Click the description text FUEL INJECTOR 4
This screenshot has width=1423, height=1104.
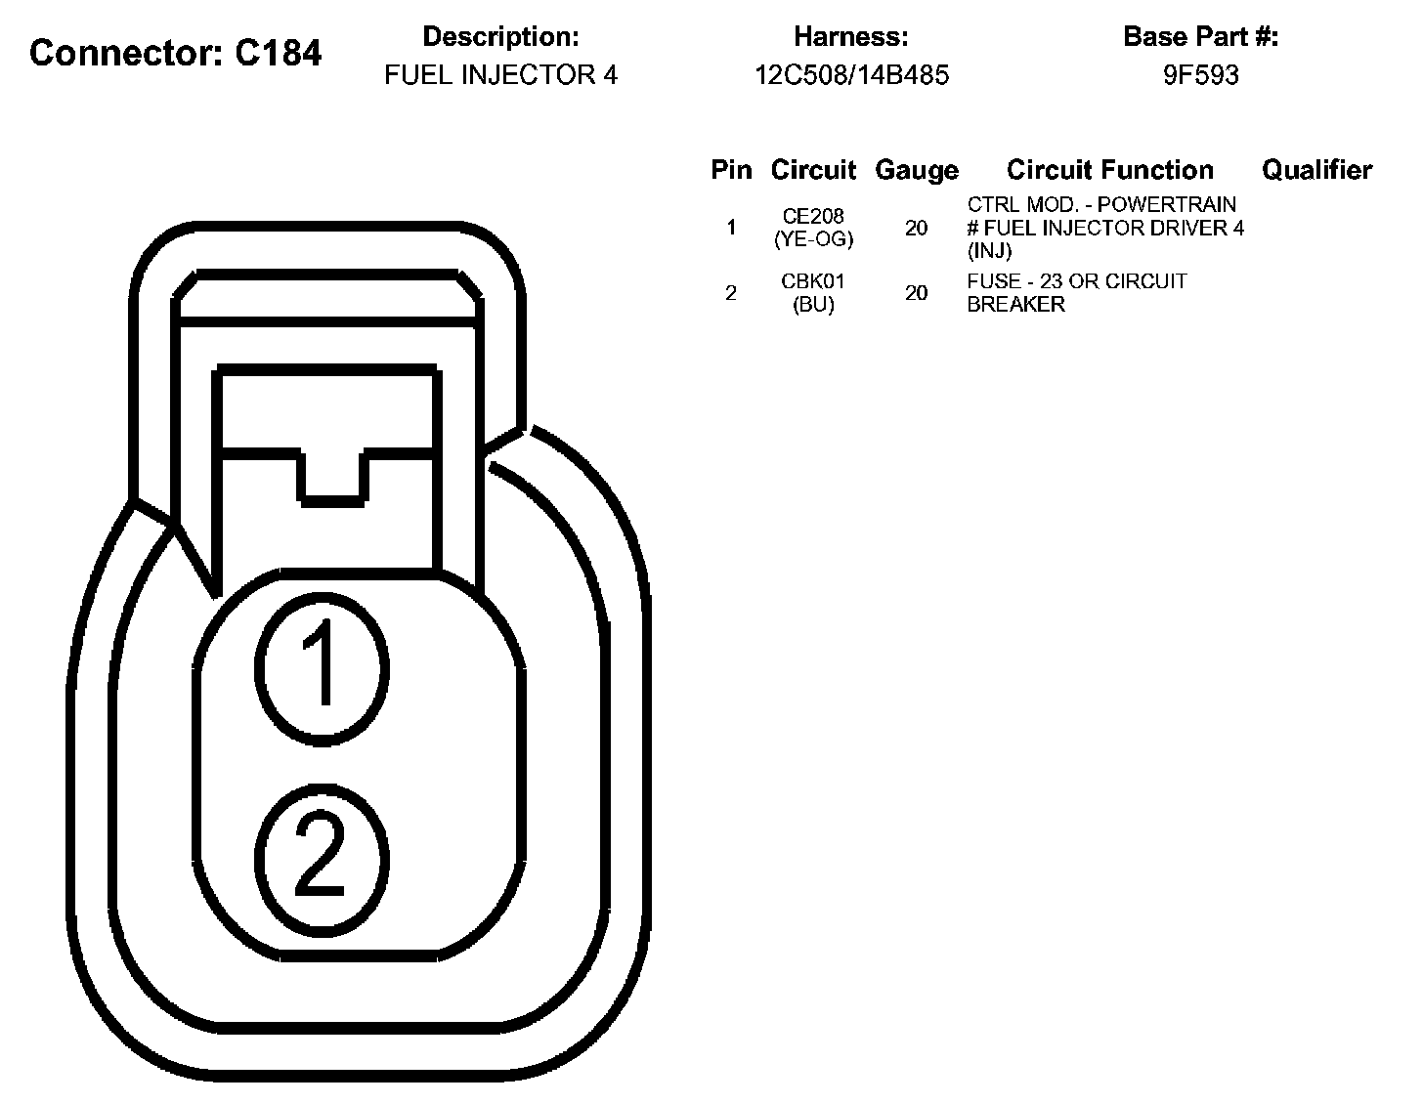click(501, 74)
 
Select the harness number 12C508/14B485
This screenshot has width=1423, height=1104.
click(851, 74)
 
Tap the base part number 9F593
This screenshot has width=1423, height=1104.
click(1200, 74)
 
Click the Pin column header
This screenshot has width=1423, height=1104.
click(731, 169)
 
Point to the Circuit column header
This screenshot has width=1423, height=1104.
click(813, 169)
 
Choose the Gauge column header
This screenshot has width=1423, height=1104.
click(916, 171)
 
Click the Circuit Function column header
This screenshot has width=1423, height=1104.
click(1109, 169)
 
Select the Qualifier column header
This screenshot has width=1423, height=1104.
click(1316, 169)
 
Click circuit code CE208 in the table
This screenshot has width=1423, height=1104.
click(813, 216)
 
